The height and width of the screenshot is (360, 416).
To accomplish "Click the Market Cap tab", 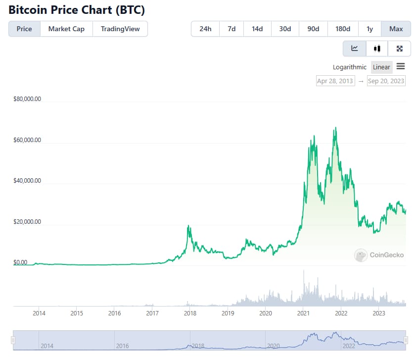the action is pos(66,29).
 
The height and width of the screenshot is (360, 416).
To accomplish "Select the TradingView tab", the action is pos(120,29).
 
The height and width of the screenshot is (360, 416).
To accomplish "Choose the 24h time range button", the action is pos(205,29).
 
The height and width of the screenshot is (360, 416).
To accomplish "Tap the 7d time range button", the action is pos(231,29).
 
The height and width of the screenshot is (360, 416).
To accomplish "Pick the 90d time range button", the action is pos(313,29).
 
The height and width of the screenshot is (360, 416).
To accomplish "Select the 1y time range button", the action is pos(370,29).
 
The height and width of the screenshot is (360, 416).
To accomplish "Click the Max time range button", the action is pos(396,29).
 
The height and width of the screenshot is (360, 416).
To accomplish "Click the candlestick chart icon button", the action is pos(377,49).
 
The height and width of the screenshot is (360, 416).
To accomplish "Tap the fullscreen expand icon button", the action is pos(399,49).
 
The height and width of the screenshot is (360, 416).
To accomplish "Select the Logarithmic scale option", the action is pos(349,67).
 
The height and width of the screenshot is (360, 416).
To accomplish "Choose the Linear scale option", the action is pos(381,67).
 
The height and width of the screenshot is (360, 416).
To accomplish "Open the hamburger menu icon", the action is pos(401,66).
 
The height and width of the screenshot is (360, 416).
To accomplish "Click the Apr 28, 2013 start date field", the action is pos(335,81).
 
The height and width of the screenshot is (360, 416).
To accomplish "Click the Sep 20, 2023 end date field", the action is pos(386,81).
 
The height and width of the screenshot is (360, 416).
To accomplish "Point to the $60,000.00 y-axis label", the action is pos(27,140).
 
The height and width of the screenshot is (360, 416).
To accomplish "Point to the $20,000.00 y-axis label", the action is pos(27,221).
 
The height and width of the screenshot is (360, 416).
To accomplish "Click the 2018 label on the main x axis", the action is pos(190,313).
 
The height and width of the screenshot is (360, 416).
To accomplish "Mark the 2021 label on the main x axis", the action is pos(303,313).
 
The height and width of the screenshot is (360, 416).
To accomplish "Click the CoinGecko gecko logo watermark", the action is pos(361,255).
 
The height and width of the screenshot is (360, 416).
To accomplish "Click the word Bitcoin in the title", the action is pos(28,10).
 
